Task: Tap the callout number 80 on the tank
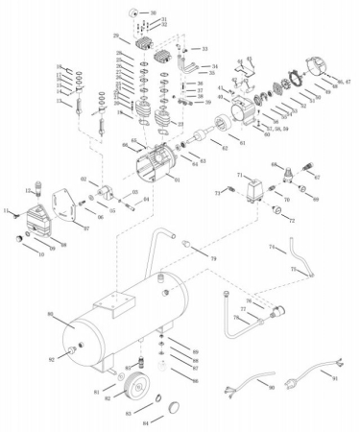[49, 314]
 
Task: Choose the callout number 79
[214, 260]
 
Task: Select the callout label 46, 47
[342, 84]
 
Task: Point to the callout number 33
[204, 47]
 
